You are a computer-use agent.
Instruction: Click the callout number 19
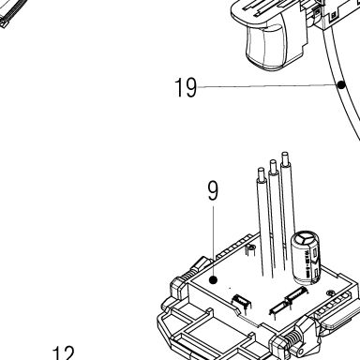pyautogui.click(x=186, y=87)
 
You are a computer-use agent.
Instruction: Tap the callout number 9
pyautogui.click(x=213, y=191)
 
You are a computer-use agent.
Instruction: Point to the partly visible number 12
pyautogui.click(x=64, y=353)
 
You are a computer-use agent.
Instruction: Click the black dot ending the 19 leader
pyautogui.click(x=341, y=84)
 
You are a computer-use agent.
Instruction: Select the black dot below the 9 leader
pyautogui.click(x=214, y=280)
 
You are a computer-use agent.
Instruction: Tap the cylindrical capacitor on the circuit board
pyautogui.click(x=306, y=258)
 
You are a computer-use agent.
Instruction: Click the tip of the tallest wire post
pyautogui.click(x=285, y=154)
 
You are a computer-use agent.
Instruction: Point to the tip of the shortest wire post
pyautogui.click(x=262, y=170)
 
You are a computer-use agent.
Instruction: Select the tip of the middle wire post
pyautogui.click(x=273, y=161)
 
